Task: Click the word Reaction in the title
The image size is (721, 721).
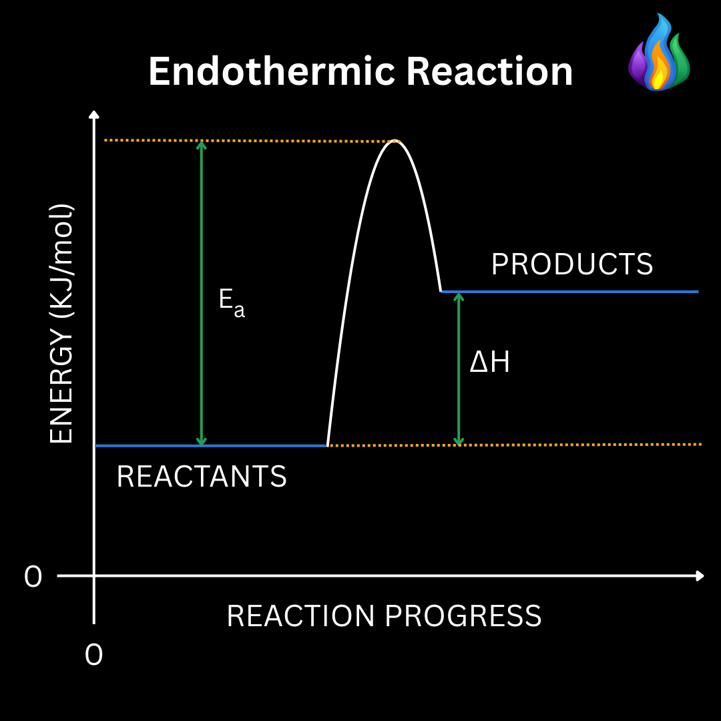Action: tap(490, 71)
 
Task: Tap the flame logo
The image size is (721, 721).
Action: tap(659, 53)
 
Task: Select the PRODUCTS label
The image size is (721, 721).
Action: tap(572, 265)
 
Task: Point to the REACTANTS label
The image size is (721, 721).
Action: tap(202, 477)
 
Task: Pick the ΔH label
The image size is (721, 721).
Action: tap(489, 363)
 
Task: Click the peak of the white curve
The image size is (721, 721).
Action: tap(395, 142)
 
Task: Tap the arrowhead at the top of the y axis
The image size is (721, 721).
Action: tap(94, 114)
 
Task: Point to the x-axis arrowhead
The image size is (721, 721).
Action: tap(699, 575)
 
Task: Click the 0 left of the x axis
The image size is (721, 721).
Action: tap(33, 577)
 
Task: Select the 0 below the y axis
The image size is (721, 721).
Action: tap(94, 655)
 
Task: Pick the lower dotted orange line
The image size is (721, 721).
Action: tap(581, 445)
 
